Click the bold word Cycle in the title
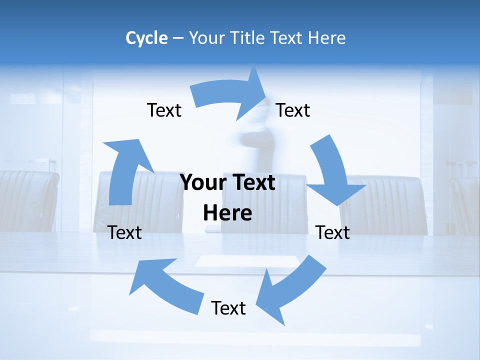tap(146, 38)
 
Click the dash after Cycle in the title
tap(178, 38)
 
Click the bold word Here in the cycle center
tap(227, 213)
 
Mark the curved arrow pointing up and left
tap(165, 282)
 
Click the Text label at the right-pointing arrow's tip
tap(293, 110)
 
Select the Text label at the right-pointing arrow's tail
tap(164, 110)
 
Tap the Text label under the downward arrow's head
tap(332, 232)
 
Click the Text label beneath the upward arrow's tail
tap(124, 232)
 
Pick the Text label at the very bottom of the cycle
tap(228, 308)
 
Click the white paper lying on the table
tap(247, 261)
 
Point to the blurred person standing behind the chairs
tap(257, 145)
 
